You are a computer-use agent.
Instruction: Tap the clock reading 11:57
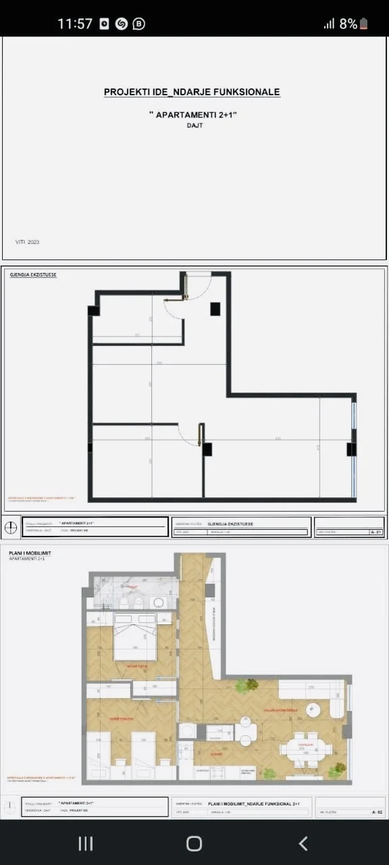(74, 24)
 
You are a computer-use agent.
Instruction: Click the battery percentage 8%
(348, 24)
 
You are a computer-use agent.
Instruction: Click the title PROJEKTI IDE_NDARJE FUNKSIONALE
(192, 92)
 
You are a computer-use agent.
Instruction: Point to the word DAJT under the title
(194, 126)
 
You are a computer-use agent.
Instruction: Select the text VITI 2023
(28, 242)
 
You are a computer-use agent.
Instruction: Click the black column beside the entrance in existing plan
(215, 309)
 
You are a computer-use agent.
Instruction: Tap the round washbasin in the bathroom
(159, 603)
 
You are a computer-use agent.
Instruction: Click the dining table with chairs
(305, 748)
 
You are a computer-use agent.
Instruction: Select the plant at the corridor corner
(252, 685)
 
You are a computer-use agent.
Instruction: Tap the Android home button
(194, 843)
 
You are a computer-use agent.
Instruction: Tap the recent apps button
(85, 843)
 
